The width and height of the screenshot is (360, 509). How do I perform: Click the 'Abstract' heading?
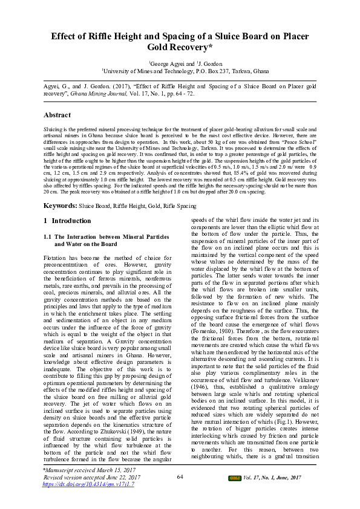point(58,115)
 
